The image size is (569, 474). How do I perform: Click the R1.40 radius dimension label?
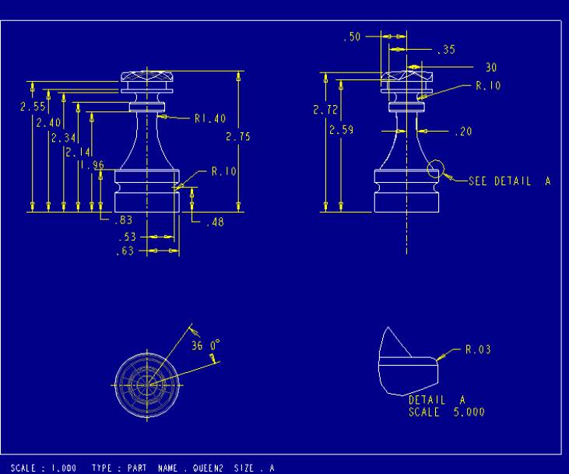(210, 119)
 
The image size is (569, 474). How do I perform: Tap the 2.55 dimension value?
(32, 107)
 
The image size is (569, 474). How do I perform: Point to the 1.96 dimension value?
(92, 165)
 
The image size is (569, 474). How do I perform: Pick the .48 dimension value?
(215, 222)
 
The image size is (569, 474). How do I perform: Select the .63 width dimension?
(125, 251)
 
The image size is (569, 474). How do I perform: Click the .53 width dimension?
(126, 237)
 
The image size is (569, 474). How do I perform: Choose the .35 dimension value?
(445, 50)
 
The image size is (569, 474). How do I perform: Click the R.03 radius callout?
(478, 350)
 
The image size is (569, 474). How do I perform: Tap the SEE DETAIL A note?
(509, 181)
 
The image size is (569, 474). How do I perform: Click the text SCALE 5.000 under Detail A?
(446, 412)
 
